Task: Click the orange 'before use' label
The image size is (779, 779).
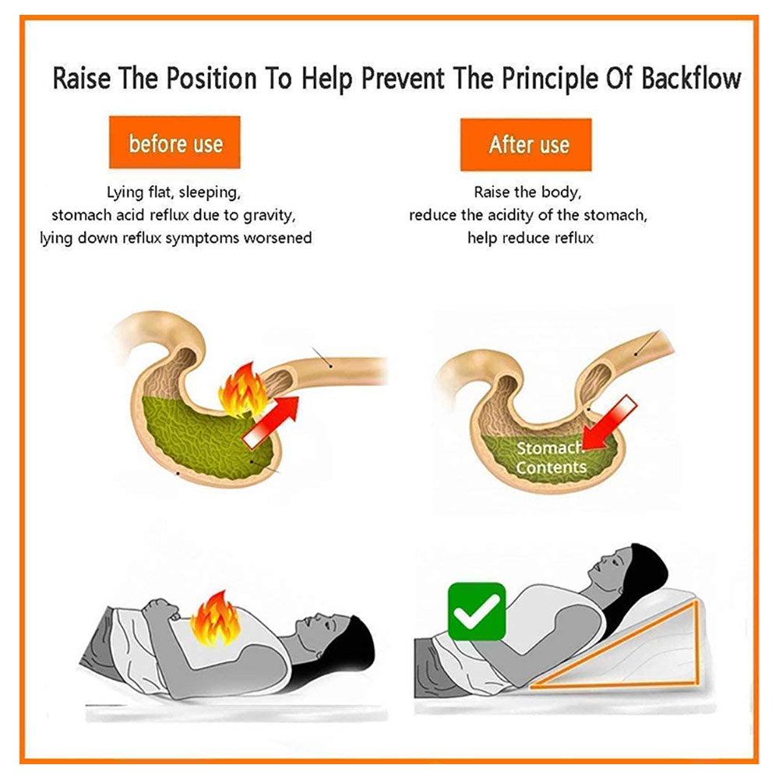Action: [174, 143]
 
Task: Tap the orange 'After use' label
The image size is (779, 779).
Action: [526, 145]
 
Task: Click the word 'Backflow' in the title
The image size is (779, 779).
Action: [691, 79]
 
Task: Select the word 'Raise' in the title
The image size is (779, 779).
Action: [82, 79]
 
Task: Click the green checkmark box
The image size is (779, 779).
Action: [477, 611]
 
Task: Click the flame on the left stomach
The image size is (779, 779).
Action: [243, 390]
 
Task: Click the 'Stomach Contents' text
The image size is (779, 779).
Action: [551, 457]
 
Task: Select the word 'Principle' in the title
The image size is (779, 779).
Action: [549, 79]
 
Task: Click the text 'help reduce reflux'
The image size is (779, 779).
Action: [530, 238]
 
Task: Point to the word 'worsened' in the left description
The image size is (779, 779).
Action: [277, 238]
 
